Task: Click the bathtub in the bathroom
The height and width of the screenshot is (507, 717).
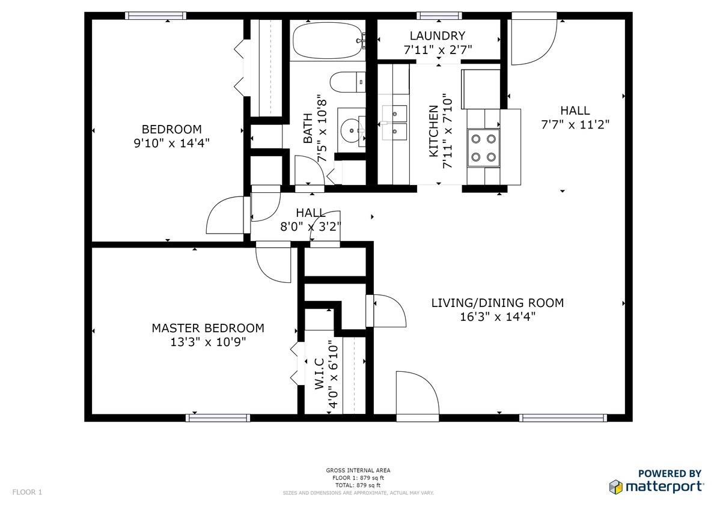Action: pos(328,41)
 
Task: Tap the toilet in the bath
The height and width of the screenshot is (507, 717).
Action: pos(347,82)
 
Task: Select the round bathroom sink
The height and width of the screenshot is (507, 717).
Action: pos(352,130)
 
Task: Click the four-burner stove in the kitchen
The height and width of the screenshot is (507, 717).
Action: pos(483,147)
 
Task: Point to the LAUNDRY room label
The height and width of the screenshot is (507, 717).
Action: pos(438,35)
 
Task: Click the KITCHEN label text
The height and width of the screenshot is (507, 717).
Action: pos(433,131)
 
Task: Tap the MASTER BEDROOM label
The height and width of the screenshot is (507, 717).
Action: pos(208,328)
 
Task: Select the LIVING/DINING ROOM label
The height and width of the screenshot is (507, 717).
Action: pos(498,303)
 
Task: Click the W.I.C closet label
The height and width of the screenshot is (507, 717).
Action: pos(319,374)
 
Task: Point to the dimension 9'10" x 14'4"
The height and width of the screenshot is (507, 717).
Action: pos(171,143)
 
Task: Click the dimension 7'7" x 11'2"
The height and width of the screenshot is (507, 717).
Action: pos(575,124)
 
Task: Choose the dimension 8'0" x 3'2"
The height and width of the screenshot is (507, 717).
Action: pos(311,226)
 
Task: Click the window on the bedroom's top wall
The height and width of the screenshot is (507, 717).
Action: pos(156,16)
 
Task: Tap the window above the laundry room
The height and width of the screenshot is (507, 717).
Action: pos(439,16)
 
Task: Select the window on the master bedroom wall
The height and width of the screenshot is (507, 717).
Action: pos(218,418)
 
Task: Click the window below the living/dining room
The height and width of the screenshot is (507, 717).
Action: pos(563,418)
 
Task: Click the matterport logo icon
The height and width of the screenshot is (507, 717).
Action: pos(616,487)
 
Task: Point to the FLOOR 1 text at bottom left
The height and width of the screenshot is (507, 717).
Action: pos(27,493)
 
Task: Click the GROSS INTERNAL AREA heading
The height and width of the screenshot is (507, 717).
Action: pos(358,470)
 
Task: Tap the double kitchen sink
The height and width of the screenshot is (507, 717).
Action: pos(394,123)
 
